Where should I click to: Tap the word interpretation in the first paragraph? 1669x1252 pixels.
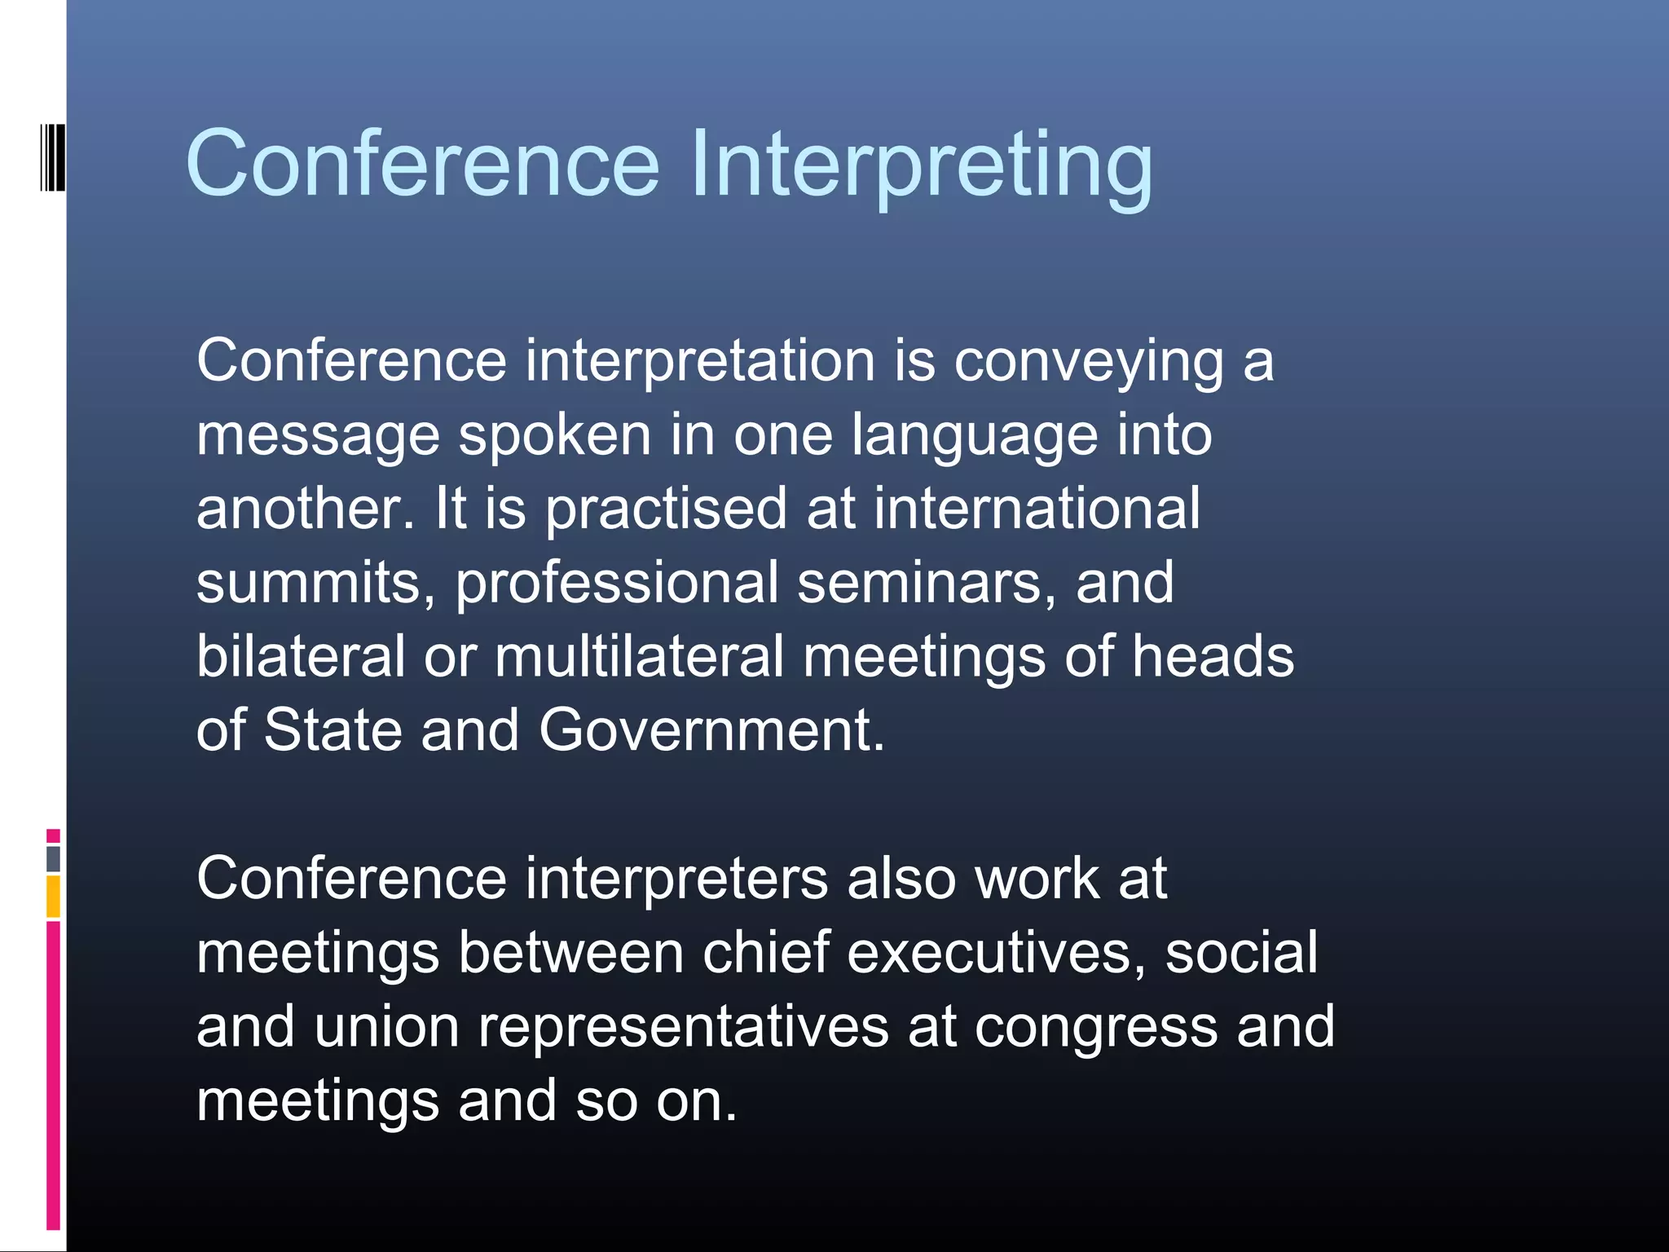700,360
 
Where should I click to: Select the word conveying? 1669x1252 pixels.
1089,362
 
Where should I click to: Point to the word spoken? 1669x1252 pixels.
555,435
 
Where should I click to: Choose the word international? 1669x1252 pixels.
1037,509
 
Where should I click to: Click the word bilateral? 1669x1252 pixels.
301,656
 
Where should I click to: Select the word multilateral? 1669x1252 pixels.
639,656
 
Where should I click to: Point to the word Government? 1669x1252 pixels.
711,730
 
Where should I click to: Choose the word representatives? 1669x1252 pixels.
683,1028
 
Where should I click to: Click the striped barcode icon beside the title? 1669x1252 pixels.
53,157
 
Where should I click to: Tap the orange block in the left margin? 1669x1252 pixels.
53,897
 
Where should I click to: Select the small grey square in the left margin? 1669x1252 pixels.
53,858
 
